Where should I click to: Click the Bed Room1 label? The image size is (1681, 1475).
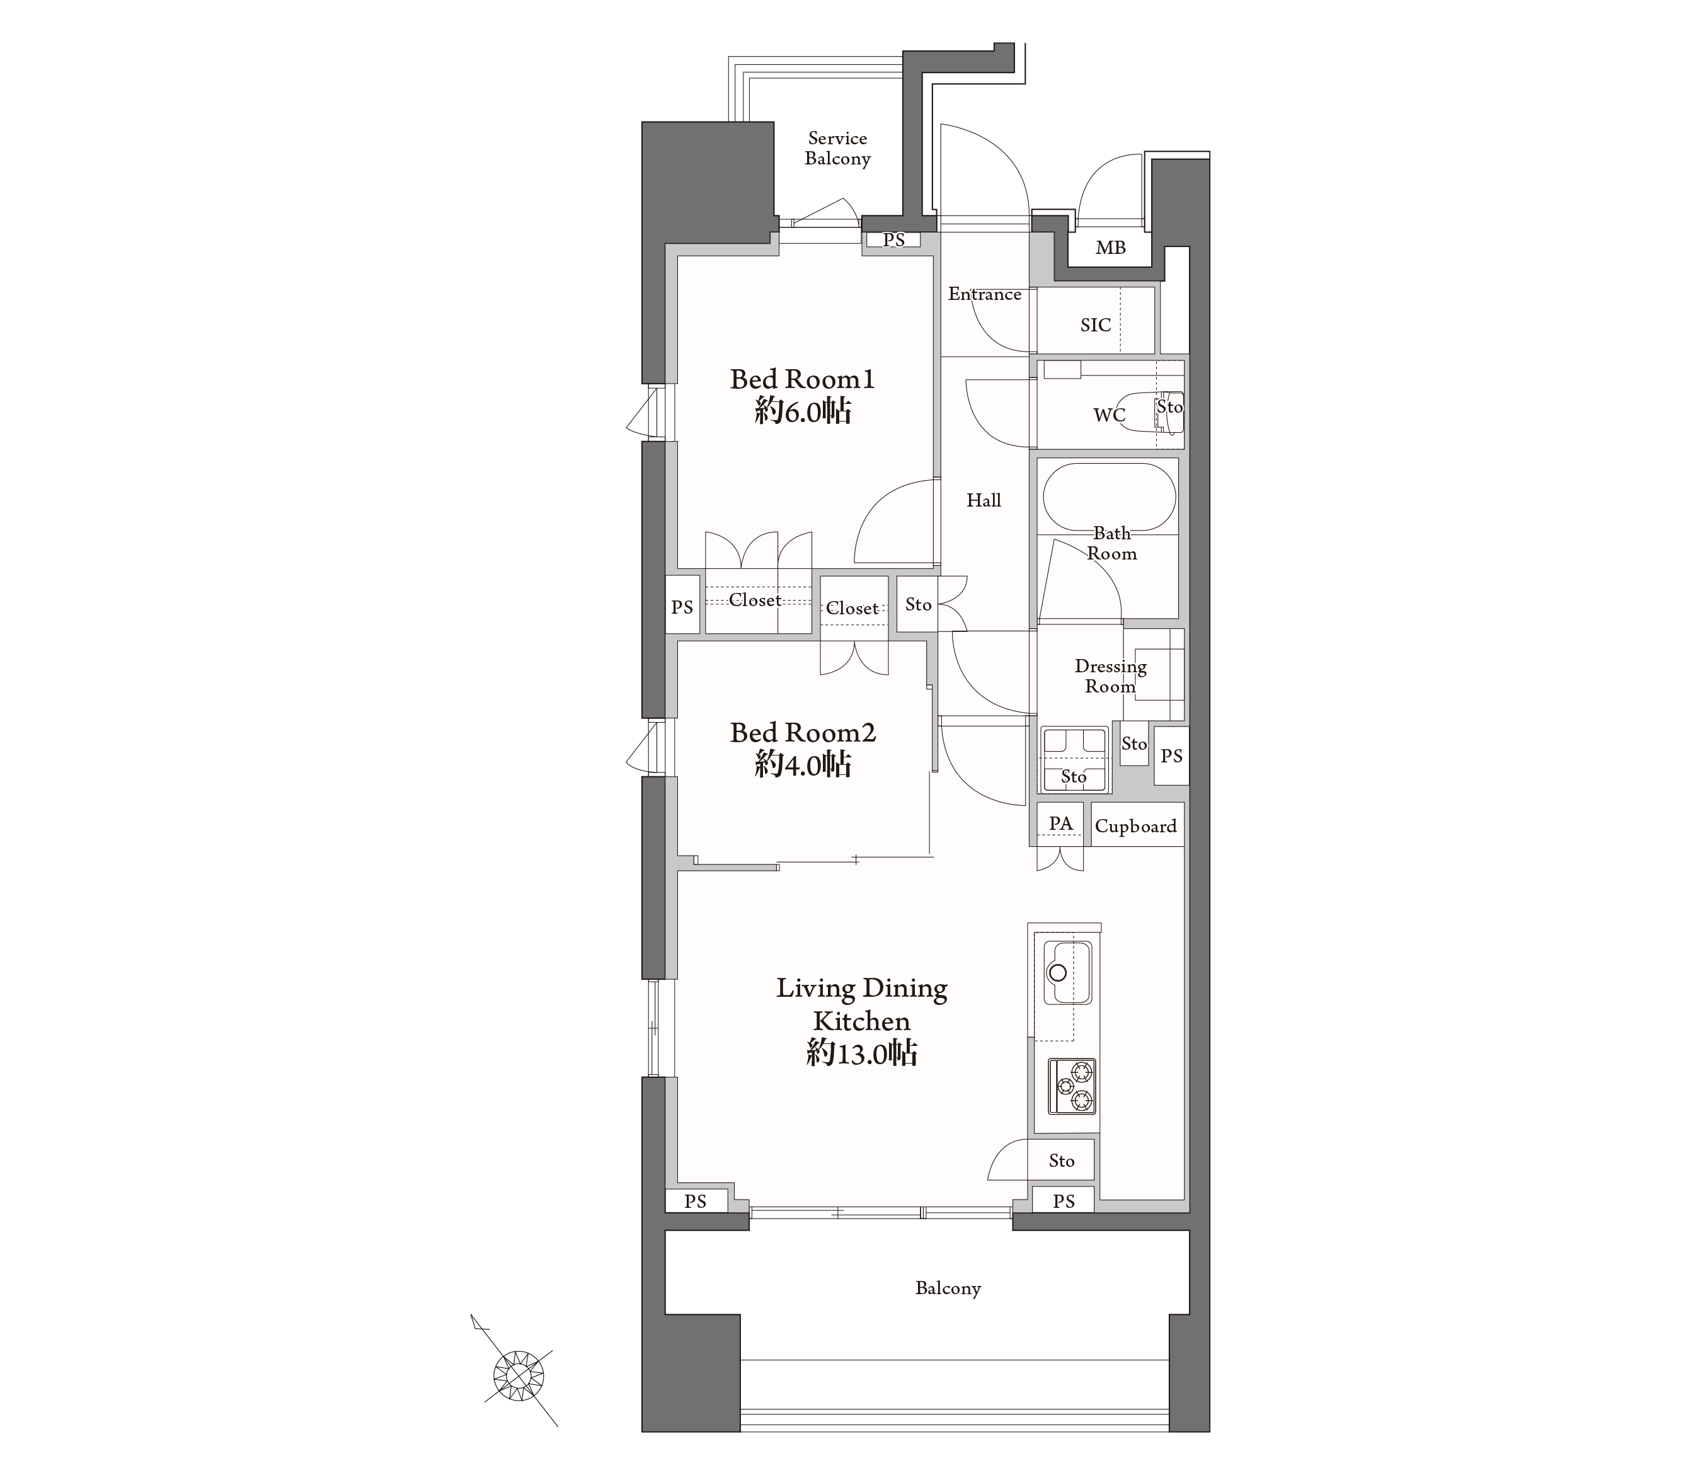802,379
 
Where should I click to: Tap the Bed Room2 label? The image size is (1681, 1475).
803,732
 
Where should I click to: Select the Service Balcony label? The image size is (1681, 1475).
837,148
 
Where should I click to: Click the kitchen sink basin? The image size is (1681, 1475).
1067,973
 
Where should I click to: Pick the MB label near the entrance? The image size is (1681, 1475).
1110,248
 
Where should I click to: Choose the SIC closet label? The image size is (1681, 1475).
1096,325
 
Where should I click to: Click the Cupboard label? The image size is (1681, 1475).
1136,826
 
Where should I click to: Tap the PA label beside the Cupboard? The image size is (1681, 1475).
1061,824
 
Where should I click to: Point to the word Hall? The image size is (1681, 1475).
984,500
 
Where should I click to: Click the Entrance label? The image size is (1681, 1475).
984,294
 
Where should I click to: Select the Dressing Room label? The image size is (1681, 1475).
1110,676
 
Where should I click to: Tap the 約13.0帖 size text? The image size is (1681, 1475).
862,1053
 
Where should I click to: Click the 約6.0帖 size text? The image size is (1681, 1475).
803,411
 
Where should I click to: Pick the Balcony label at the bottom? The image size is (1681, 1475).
948,1288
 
